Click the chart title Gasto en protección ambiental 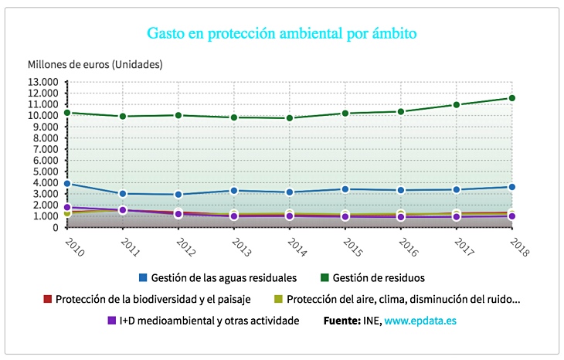[282, 34]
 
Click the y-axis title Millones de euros [95, 64]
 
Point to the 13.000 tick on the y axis [43, 82]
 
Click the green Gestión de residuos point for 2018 [512, 98]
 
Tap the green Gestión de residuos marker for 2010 [67, 113]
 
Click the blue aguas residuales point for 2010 [67, 184]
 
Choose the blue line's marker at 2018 [512, 187]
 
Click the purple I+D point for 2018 [512, 216]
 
